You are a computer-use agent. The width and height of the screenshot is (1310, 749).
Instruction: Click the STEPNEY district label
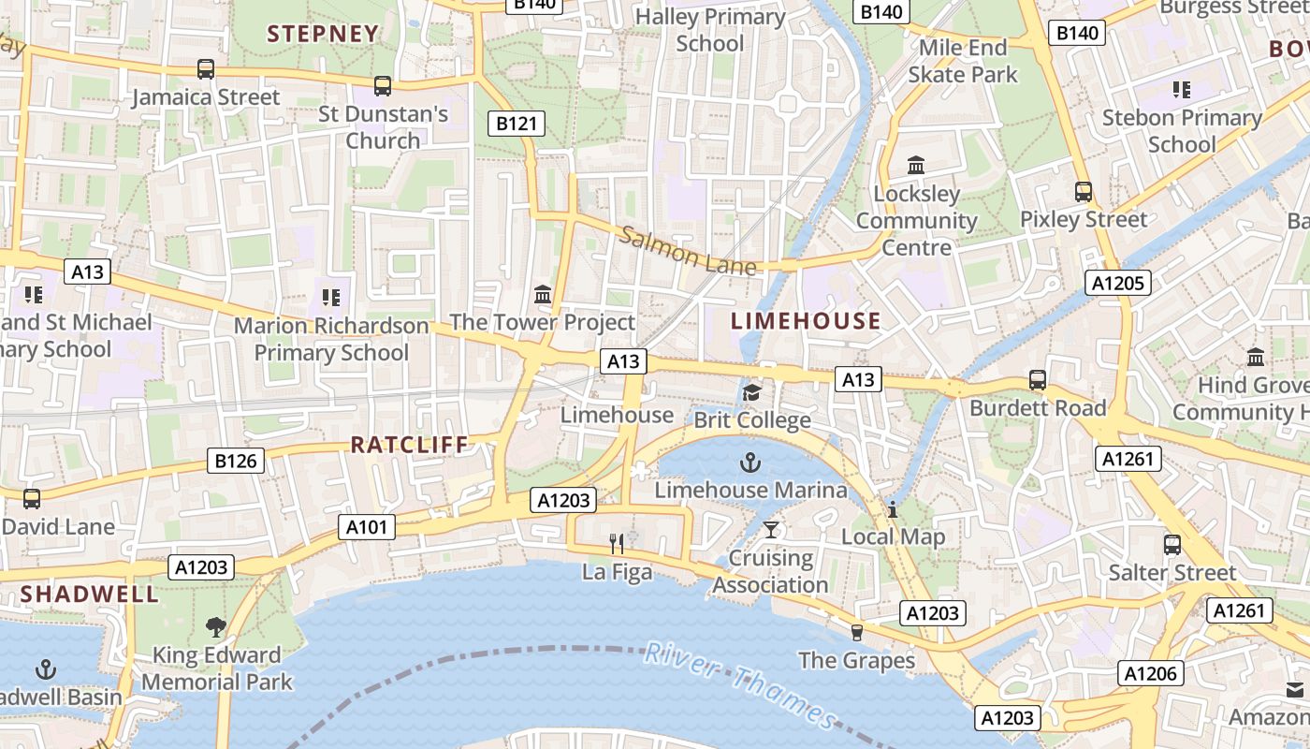coord(323,34)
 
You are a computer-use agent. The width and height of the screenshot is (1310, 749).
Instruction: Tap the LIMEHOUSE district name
coord(806,321)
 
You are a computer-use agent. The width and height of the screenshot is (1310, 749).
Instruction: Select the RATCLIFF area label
coord(409,445)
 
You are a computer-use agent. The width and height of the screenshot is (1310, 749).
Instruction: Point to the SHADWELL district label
coord(90,594)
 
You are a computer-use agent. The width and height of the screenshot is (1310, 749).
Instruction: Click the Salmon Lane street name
coord(688,252)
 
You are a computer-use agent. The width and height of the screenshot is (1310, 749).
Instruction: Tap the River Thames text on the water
coord(739,686)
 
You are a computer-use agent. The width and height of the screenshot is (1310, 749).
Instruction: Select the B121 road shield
coord(517,123)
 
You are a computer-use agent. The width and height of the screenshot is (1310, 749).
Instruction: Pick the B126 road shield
coord(236,461)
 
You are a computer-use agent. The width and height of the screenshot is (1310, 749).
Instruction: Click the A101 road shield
coord(366,527)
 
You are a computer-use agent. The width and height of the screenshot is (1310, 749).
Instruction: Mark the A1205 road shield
coord(1119,283)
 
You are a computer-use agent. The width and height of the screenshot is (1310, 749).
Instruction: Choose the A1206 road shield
coord(1150,673)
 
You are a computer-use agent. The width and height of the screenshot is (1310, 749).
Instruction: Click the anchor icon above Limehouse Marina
coord(750,462)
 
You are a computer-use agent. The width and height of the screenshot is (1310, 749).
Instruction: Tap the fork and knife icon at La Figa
coord(617,543)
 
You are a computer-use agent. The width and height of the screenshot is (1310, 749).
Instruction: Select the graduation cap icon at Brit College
coord(751,392)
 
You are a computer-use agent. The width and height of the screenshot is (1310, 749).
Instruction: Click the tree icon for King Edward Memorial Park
coord(216,626)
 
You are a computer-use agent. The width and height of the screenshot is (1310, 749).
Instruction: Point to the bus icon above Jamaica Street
coord(206,69)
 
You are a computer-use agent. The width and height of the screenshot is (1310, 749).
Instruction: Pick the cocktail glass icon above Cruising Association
coord(770,530)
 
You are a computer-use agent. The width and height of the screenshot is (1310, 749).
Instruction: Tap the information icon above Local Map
coord(893,509)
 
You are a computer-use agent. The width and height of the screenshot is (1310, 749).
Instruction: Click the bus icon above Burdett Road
coord(1037,380)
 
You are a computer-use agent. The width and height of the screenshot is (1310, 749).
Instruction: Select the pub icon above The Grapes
coord(856,632)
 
